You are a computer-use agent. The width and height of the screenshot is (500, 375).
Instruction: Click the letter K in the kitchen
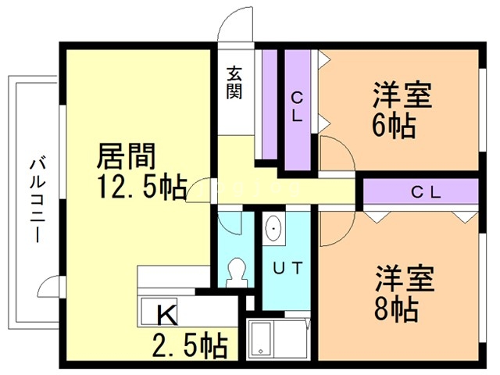(x=166, y=314)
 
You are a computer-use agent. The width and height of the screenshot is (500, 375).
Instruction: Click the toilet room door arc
(x=231, y=223)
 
